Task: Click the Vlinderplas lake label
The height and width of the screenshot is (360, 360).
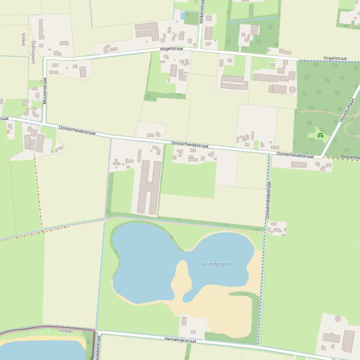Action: pyautogui.click(x=217, y=265)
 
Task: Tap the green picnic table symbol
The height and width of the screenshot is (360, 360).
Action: pyautogui.click(x=320, y=136)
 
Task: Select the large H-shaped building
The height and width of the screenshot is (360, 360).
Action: pyautogui.click(x=149, y=187)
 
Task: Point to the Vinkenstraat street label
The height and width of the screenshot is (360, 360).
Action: pyautogui.click(x=202, y=12)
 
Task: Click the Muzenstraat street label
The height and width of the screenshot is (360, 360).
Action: pyautogui.click(x=45, y=91)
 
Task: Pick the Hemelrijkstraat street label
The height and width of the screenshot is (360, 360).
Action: pyautogui.click(x=180, y=340)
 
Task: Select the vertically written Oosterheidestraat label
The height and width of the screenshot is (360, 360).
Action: pyautogui.click(x=268, y=200)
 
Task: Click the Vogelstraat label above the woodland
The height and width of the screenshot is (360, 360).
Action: pyautogui.click(x=335, y=58)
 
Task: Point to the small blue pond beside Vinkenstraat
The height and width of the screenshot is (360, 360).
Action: pyautogui.click(x=182, y=16)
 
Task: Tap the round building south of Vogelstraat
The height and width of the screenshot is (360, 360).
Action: pyautogui.click(x=293, y=89)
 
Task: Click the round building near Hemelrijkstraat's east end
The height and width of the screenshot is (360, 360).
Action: pyautogui.click(x=338, y=319)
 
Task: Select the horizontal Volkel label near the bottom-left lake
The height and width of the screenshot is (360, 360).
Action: pyautogui.click(x=66, y=331)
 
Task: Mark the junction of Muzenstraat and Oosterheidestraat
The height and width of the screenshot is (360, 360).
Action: pyautogui.click(x=44, y=124)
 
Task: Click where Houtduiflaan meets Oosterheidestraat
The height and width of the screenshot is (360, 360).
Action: pyautogui.click(x=322, y=157)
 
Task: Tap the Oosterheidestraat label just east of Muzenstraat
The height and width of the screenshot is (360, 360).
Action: pyautogui.click(x=77, y=130)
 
